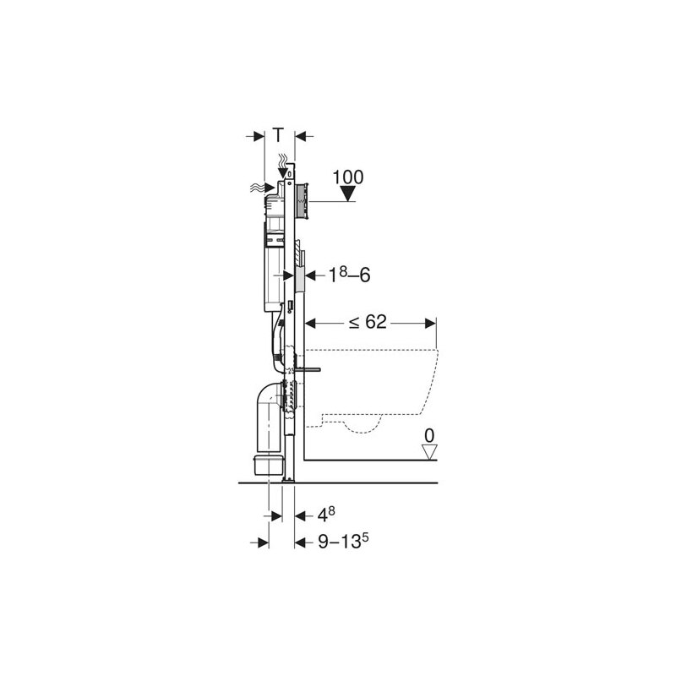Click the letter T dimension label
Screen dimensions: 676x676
point(280,135)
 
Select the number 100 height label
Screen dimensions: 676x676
point(347,177)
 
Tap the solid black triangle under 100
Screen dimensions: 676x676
point(348,196)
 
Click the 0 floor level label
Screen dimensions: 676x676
point(428,436)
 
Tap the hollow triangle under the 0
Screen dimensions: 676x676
point(429,452)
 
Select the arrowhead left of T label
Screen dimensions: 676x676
point(261,135)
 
